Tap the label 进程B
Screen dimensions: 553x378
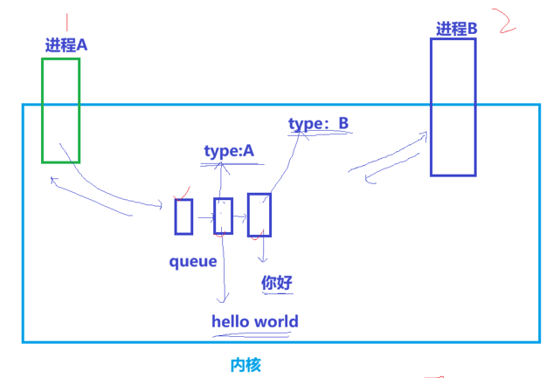pyautogui.click(x=457, y=29)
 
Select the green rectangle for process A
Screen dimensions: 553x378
pyautogui.click(x=60, y=110)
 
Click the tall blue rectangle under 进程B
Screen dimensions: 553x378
pyautogui.click(x=453, y=107)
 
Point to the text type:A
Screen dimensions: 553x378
pyautogui.click(x=228, y=151)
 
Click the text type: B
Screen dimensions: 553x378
pyautogui.click(x=319, y=124)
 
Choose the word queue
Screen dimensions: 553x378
pyautogui.click(x=193, y=261)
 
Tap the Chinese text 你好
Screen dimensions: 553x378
pyautogui.click(x=277, y=283)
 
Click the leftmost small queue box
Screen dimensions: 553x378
pyautogui.click(x=183, y=216)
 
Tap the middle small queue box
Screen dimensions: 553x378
pyautogui.click(x=224, y=216)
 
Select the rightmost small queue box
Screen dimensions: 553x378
pyautogui.click(x=259, y=215)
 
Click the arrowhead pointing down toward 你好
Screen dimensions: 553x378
pyautogui.click(x=263, y=259)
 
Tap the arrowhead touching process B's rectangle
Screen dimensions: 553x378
pyautogui.click(x=425, y=134)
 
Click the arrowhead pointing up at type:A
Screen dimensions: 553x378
pyautogui.click(x=225, y=168)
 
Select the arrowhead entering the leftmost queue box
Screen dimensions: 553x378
pyautogui.click(x=162, y=206)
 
